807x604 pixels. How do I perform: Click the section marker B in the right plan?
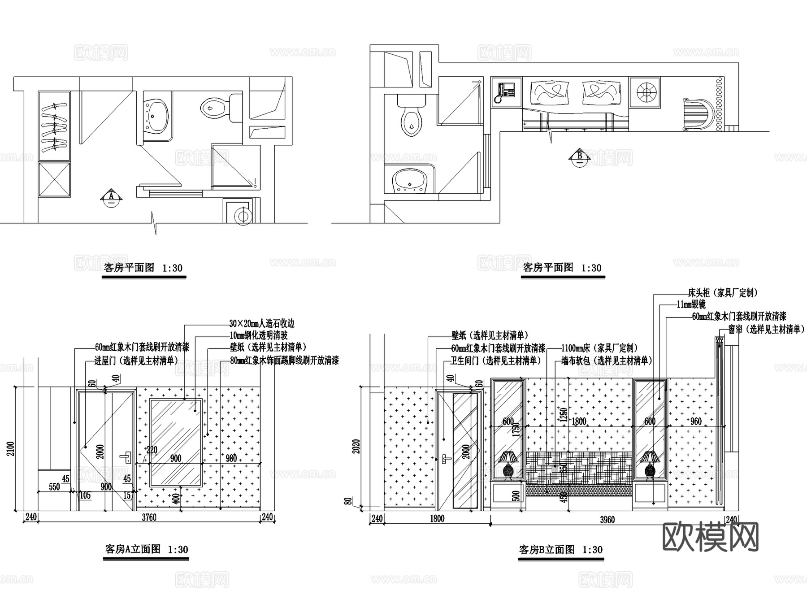(580, 157)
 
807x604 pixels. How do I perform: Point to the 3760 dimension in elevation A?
(149, 517)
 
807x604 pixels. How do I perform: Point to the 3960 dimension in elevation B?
(607, 520)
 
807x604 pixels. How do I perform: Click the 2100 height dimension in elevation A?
(11, 448)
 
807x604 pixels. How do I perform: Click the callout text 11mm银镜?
(691, 304)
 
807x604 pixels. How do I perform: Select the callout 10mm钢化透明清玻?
(259, 335)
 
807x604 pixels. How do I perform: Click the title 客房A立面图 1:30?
(146, 549)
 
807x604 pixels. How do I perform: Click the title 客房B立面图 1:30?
(560, 550)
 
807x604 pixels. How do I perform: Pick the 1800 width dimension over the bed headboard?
(579, 421)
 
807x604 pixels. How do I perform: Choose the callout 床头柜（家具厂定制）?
(723, 293)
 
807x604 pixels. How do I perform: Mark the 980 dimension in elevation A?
(231, 458)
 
